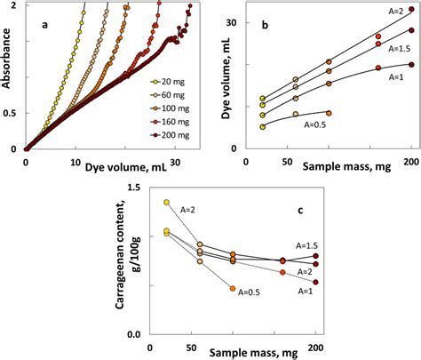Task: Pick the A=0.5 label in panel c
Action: click(x=253, y=290)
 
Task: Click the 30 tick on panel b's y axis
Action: click(x=242, y=20)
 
